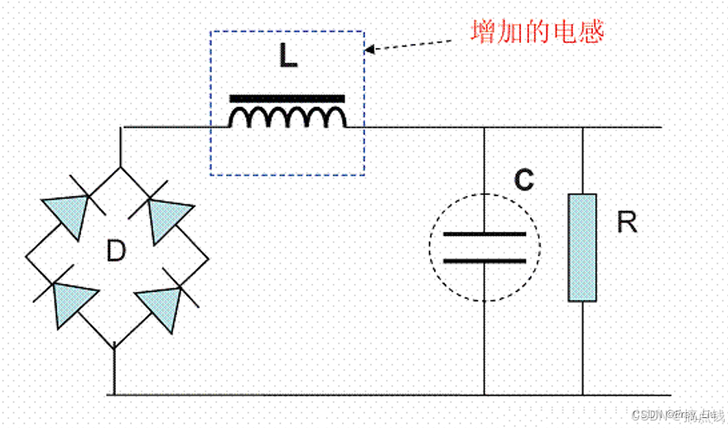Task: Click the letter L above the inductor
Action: click(x=287, y=57)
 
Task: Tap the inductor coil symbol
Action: click(x=287, y=118)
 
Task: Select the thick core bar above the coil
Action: click(x=287, y=98)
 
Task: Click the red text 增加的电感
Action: click(x=537, y=32)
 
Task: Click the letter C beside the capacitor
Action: click(x=523, y=181)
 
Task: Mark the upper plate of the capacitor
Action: click(x=485, y=234)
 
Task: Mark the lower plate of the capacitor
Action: click(x=485, y=261)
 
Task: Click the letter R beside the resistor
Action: click(x=627, y=222)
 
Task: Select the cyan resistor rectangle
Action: click(x=582, y=248)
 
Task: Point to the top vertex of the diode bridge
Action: click(x=122, y=166)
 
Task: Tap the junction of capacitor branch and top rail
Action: click(x=485, y=127)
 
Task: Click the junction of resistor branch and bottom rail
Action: click(x=582, y=395)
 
